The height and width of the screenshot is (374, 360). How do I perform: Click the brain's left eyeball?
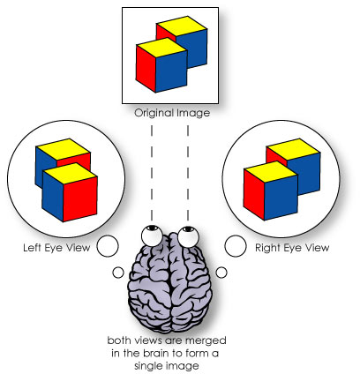coord(154,234)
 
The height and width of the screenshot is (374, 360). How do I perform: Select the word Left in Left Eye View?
coord(33,248)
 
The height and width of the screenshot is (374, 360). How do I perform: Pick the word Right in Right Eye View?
coord(267,248)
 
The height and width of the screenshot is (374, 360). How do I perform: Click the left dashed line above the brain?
coord(153,168)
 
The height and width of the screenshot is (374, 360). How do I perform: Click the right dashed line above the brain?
coord(186,168)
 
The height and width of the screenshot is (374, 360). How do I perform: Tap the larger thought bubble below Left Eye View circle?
coord(108,246)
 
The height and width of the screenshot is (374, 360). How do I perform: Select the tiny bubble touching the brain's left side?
coord(117,272)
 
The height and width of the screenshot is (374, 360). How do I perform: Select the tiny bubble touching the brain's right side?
coord(221,271)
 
